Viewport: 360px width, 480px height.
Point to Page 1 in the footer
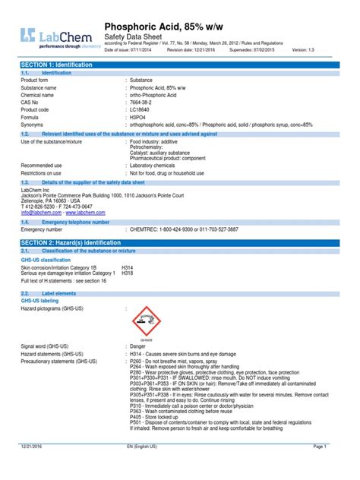pyautogui.click(x=339, y=469)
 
